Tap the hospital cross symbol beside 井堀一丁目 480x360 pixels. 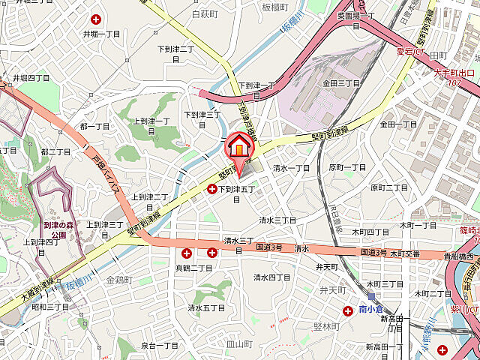pos(95,19)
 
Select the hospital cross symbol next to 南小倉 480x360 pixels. pos(349,310)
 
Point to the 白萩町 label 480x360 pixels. pos(204,14)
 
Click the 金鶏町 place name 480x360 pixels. pos(119,280)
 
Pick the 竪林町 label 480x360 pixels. pos(328,326)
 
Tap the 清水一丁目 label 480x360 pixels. pos(291,168)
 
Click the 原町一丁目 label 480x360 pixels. pos(347,168)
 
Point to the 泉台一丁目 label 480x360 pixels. pos(160,346)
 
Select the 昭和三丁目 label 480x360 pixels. pos(51,307)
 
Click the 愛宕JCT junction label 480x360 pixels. pos(410,52)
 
